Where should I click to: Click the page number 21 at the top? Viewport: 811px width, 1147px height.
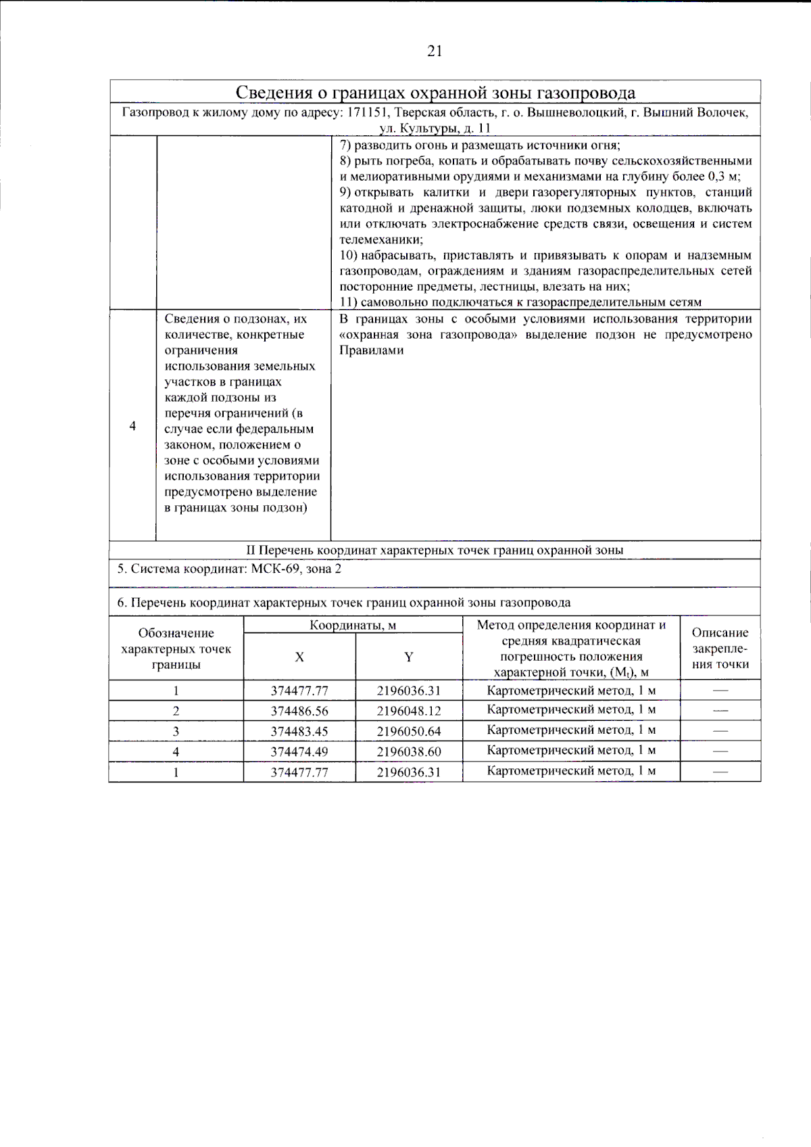coord(435,51)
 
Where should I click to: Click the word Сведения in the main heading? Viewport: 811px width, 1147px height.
coord(272,93)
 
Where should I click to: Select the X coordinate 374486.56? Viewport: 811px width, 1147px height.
coord(299,711)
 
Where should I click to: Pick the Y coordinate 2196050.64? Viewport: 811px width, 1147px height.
coord(408,731)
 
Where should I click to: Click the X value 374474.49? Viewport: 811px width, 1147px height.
coord(299,751)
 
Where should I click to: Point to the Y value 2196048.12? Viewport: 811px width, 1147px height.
coord(408,711)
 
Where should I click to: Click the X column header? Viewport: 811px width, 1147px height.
coord(299,657)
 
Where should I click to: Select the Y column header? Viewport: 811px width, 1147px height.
coord(408,657)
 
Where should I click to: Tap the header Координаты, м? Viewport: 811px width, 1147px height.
coord(353,625)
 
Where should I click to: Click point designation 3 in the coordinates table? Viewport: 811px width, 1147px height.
coord(176,731)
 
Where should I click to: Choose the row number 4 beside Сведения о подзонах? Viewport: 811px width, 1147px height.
coord(132,425)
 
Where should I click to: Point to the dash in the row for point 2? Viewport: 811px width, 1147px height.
coord(720,711)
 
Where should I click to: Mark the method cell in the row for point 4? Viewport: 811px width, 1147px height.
coord(571,750)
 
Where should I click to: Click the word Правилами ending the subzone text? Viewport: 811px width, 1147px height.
coord(371,350)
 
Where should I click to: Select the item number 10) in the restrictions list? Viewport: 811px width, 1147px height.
coord(349,256)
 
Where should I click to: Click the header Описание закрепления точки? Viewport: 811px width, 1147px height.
coord(720,649)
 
